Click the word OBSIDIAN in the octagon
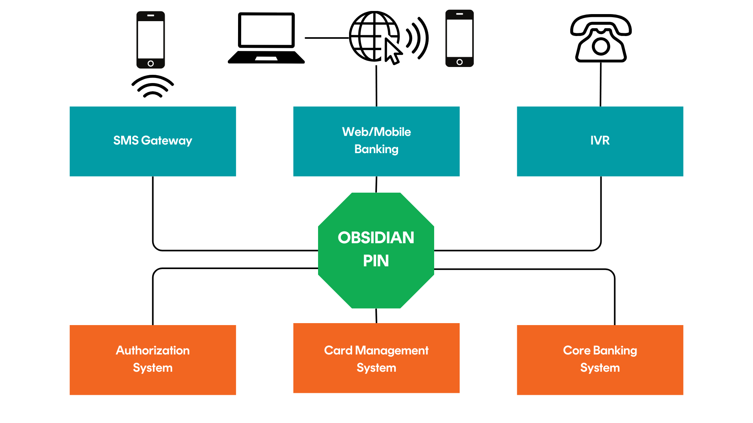pos(376,238)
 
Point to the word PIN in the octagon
pos(376,261)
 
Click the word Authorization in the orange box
pos(153,350)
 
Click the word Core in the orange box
pos(576,350)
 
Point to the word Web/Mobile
pos(376,132)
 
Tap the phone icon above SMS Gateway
pos(151,39)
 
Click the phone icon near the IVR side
pos(459,38)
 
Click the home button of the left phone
pos(151,63)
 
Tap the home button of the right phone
pos(460,62)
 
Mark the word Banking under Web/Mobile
pos(376,149)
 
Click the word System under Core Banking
pos(600,368)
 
